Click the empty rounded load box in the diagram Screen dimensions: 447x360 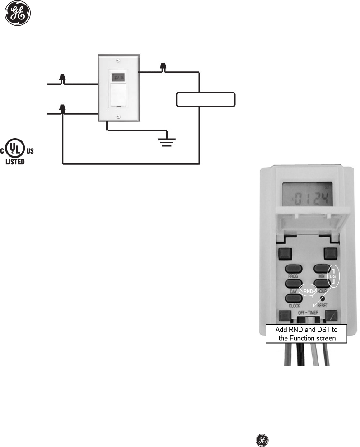(206, 99)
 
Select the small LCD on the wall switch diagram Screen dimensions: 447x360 (118, 77)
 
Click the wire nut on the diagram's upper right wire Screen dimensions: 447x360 (163, 68)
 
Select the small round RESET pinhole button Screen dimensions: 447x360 (323, 298)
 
